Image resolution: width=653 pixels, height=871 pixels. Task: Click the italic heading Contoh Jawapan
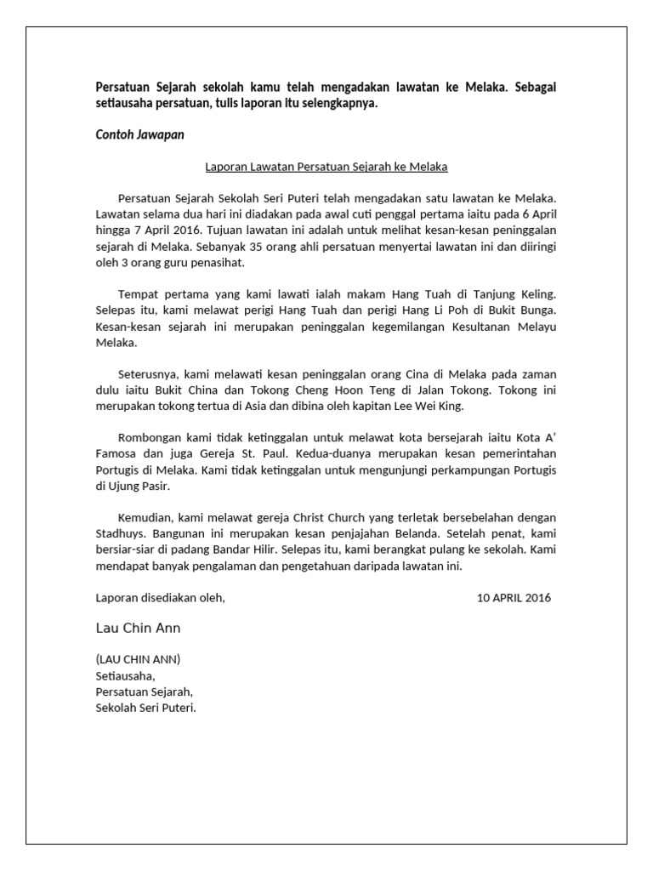point(139,134)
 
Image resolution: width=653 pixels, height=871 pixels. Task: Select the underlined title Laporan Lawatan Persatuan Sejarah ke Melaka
point(326,167)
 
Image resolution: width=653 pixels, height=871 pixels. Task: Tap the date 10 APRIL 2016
point(514,597)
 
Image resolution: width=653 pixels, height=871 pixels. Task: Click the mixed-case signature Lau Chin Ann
point(138,628)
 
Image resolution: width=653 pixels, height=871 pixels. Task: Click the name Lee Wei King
point(429,407)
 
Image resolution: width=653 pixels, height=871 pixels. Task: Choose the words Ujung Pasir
point(139,487)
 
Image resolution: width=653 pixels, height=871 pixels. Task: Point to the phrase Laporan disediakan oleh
point(160,597)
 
